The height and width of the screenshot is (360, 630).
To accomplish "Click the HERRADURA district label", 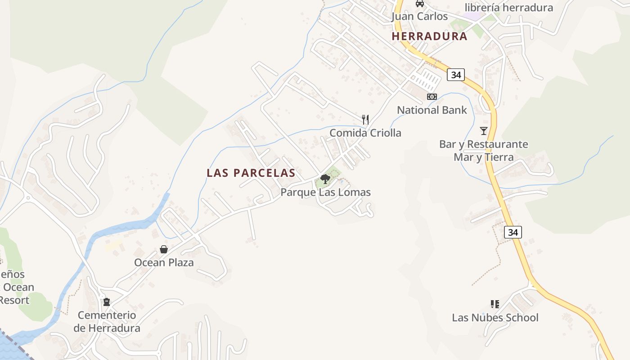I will click(429, 36).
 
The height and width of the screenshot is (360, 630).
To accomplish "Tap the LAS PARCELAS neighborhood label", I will click(251, 173).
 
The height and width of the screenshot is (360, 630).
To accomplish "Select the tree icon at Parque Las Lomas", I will click(325, 180).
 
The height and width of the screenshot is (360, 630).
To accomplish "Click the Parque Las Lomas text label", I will click(325, 193).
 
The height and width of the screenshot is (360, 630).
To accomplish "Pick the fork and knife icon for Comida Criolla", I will click(365, 120).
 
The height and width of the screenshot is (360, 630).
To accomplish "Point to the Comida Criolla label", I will click(365, 133).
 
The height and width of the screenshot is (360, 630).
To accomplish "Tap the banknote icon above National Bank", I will click(432, 97).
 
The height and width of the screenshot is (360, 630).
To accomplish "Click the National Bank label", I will click(432, 110).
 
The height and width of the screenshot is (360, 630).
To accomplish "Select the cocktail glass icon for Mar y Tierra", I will click(484, 131).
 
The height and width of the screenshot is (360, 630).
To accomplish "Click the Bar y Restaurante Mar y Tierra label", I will click(484, 151).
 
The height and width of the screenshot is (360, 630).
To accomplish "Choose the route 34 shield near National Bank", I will click(456, 75).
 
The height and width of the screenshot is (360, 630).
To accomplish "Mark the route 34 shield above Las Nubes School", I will click(513, 232).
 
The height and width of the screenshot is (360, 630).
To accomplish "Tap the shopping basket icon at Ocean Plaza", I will click(164, 249).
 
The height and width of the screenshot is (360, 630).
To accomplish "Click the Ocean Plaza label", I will click(164, 263).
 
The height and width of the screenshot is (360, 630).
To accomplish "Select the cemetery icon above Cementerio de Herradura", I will click(107, 302).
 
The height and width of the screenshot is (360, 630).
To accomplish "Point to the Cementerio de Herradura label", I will click(107, 322).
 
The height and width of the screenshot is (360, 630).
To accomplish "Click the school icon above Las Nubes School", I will click(495, 304).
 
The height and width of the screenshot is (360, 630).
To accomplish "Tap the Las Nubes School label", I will click(495, 318).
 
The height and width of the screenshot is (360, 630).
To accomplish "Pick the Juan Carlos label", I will click(419, 17).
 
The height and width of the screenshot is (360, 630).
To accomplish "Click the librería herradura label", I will click(508, 8).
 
